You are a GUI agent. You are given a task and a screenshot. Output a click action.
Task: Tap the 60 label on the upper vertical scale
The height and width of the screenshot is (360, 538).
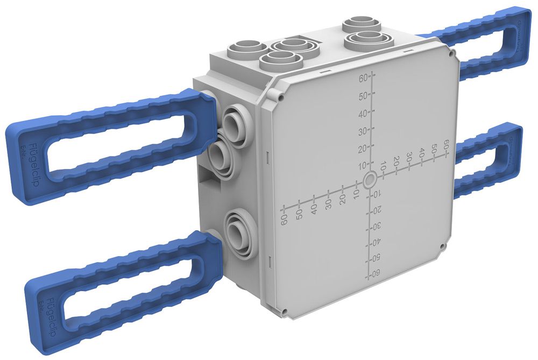363,78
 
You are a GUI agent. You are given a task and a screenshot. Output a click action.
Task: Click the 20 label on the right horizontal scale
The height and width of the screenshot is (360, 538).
396,162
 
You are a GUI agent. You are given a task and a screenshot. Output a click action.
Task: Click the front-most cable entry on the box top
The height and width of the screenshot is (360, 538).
278,60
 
